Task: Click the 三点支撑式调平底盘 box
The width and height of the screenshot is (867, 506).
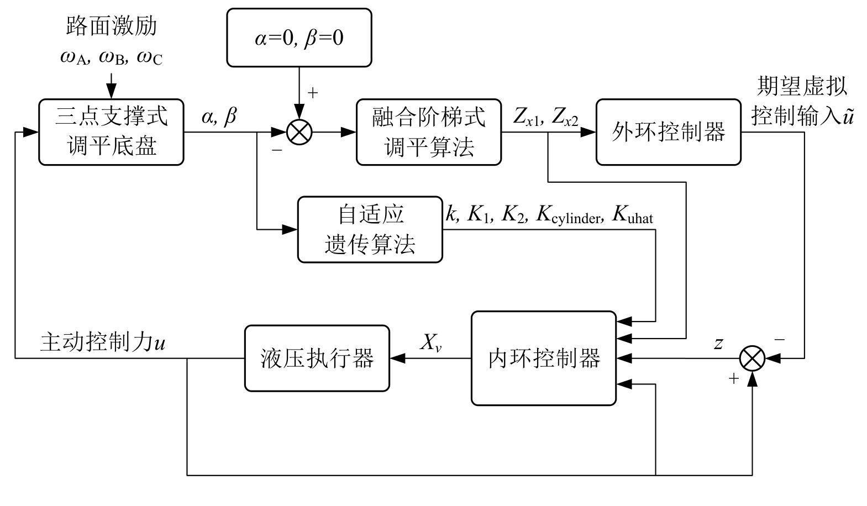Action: (x=111, y=132)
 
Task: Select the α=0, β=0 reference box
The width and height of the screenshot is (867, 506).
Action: (x=299, y=38)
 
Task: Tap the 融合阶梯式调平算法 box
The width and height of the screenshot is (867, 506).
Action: (x=429, y=132)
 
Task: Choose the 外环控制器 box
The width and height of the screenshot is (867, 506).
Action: (x=668, y=132)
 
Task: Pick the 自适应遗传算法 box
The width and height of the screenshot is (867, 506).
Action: (x=370, y=229)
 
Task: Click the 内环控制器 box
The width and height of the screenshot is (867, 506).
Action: (x=544, y=359)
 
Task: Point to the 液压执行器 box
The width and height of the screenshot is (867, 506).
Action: (x=317, y=359)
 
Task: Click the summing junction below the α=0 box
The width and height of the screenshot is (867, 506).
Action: (x=299, y=132)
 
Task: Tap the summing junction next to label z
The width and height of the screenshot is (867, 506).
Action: (x=752, y=359)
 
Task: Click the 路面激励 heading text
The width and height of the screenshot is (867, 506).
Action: (x=111, y=26)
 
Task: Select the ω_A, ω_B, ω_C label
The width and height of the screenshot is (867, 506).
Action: (x=111, y=57)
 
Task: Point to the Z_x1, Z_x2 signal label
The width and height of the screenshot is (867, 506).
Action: (x=545, y=117)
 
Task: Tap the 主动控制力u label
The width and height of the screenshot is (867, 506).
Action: (x=103, y=342)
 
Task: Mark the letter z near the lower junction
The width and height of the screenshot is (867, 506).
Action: (x=718, y=344)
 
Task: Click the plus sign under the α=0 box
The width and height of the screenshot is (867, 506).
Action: (x=313, y=93)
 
